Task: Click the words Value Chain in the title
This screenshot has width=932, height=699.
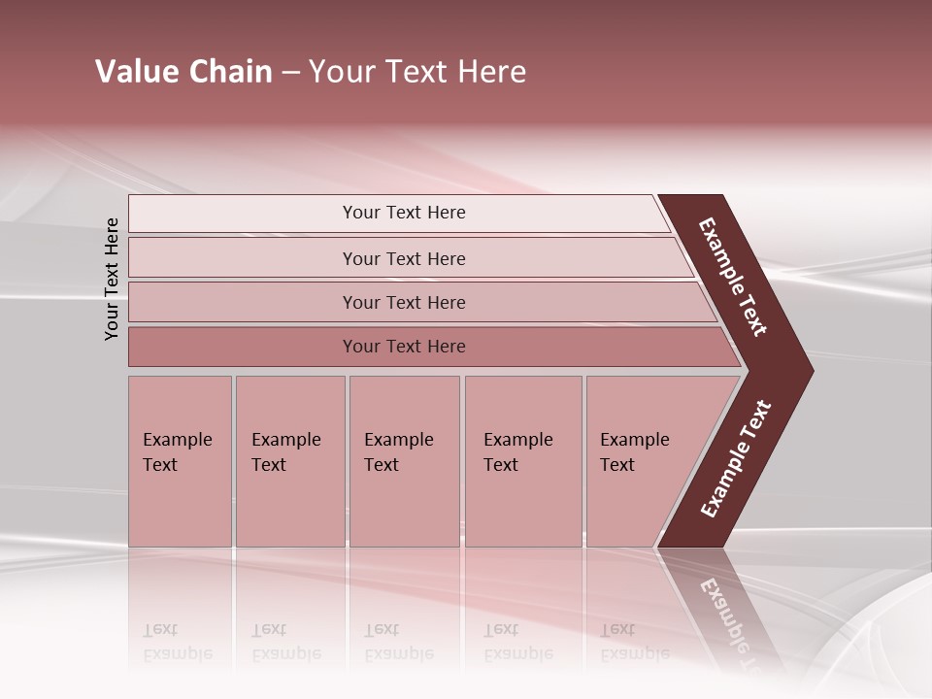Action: click(183, 72)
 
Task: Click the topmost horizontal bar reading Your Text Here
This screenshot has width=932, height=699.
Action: click(403, 213)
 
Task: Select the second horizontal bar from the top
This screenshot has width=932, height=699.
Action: click(403, 258)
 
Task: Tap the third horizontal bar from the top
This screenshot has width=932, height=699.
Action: click(403, 302)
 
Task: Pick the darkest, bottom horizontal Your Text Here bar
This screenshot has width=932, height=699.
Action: click(403, 347)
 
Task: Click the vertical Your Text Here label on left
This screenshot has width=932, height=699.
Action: click(112, 279)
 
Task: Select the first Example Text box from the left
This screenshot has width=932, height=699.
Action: click(180, 461)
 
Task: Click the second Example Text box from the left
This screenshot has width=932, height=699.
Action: click(289, 461)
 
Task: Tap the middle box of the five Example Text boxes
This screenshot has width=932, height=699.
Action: click(404, 461)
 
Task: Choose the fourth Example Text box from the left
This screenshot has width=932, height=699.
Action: click(522, 461)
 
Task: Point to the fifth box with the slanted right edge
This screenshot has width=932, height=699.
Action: click(646, 461)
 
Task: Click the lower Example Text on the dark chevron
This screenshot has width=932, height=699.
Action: click(736, 459)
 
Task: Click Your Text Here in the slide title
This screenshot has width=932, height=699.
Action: click(417, 72)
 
